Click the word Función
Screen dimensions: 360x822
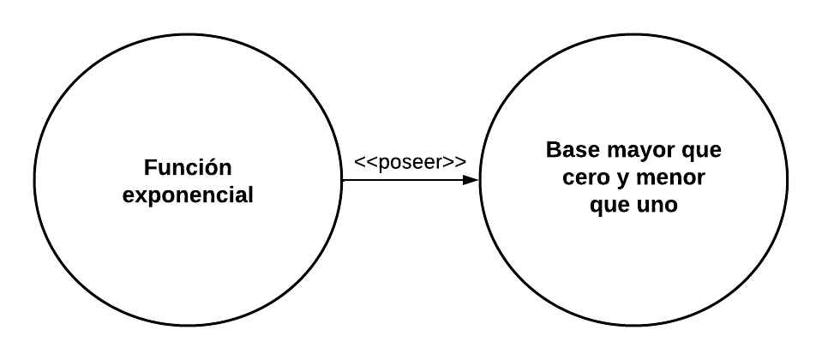(188, 167)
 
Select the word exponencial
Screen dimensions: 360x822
(188, 195)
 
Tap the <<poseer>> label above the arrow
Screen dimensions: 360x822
(410, 162)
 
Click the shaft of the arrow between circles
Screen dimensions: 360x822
(403, 180)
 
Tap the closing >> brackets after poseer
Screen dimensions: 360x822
(456, 162)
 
